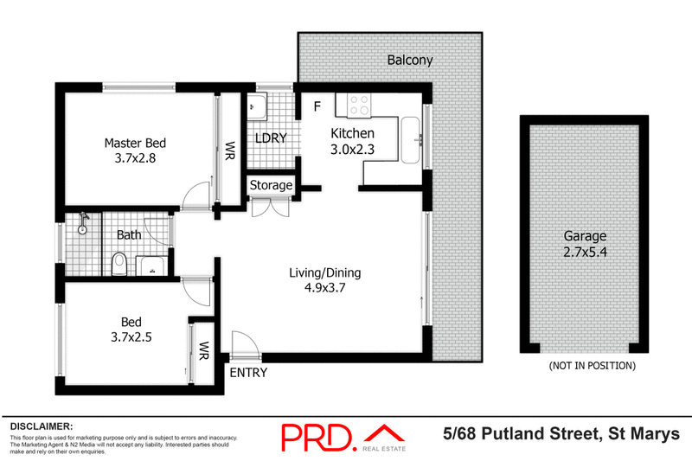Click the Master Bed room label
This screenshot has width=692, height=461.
point(134,143)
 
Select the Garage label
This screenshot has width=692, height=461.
point(586,235)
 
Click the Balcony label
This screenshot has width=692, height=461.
point(409,61)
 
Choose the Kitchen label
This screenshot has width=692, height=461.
point(353,133)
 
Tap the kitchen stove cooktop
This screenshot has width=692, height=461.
point(358,106)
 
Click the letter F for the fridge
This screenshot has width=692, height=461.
point(317,106)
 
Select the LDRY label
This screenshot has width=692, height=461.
point(270,138)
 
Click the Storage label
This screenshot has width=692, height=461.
point(271,185)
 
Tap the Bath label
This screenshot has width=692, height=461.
point(129,234)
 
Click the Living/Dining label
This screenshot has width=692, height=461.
point(324,273)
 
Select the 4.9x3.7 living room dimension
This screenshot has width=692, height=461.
point(324,289)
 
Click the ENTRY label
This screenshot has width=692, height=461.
point(247,373)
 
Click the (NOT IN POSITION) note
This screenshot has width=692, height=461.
point(592,366)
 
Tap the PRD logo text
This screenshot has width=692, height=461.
point(317,436)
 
